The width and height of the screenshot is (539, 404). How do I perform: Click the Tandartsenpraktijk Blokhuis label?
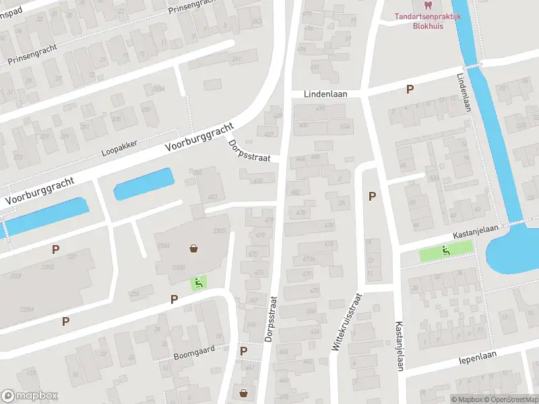[427, 22]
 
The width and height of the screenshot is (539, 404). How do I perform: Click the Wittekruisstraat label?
[346, 322]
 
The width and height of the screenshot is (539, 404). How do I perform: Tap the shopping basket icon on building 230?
[195, 248]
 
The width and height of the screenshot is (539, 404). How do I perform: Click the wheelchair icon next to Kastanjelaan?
[445, 251]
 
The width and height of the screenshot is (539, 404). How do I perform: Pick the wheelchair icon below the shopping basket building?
[199, 283]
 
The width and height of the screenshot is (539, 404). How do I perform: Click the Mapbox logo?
[30, 396]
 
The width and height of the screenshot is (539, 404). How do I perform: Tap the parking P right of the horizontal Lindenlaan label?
[409, 90]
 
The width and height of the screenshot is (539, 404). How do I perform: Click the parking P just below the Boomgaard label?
[243, 350]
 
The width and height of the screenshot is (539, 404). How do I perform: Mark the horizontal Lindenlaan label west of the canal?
[325, 94]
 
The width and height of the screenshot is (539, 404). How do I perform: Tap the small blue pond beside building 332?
[144, 183]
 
